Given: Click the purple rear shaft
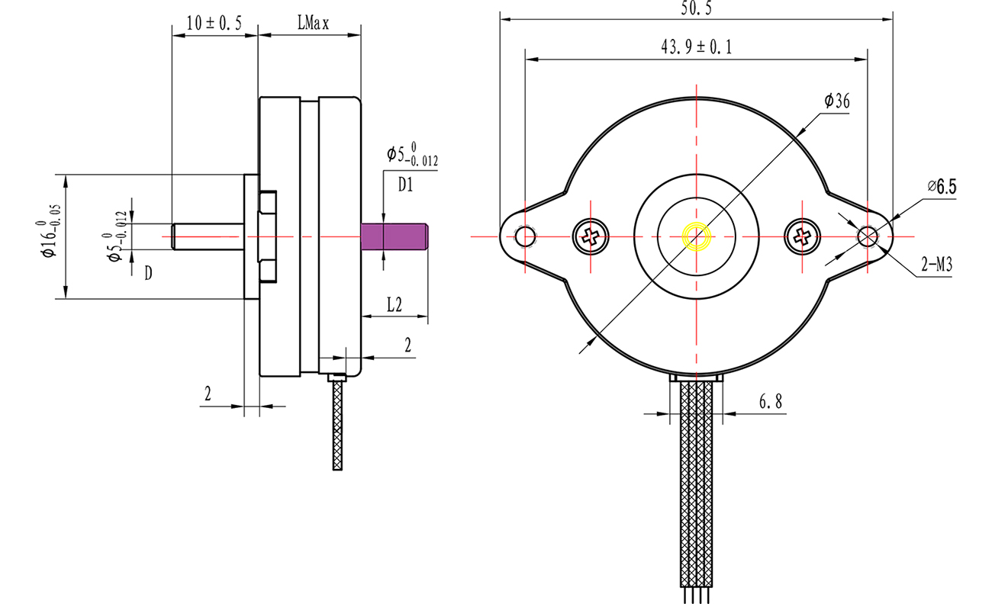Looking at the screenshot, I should tap(394, 236).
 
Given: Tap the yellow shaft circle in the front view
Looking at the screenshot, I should tap(697, 236).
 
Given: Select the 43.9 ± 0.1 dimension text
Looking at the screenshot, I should tap(697, 47).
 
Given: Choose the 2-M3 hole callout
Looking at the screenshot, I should tap(936, 265).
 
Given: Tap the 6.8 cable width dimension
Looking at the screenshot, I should tap(771, 403).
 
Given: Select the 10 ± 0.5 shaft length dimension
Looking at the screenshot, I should tap(214, 24).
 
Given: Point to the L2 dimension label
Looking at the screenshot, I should tap(394, 305).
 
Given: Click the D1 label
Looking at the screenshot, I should tap(405, 184).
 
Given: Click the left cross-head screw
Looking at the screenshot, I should tap(590, 236).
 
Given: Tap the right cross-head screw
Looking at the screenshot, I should tap(802, 236).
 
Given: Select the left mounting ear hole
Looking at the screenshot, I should tap(526, 236).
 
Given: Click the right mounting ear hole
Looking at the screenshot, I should tap(868, 236).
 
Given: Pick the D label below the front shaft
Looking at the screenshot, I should tap(148, 272).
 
